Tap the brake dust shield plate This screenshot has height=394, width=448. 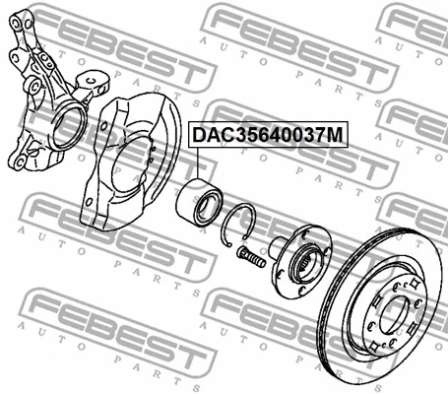click(x=118, y=197)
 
